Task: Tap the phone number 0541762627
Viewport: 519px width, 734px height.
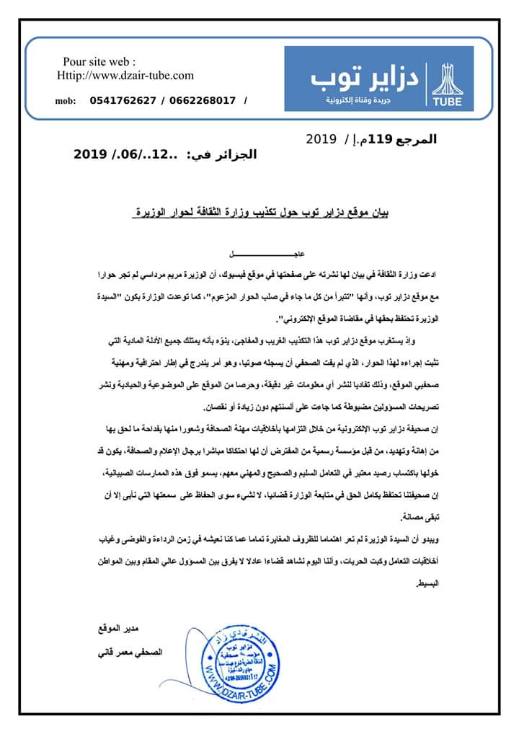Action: [124, 100]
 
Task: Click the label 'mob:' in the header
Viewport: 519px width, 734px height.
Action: [66, 101]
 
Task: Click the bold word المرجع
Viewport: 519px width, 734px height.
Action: [416, 139]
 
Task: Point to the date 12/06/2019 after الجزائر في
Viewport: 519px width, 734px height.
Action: [127, 154]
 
